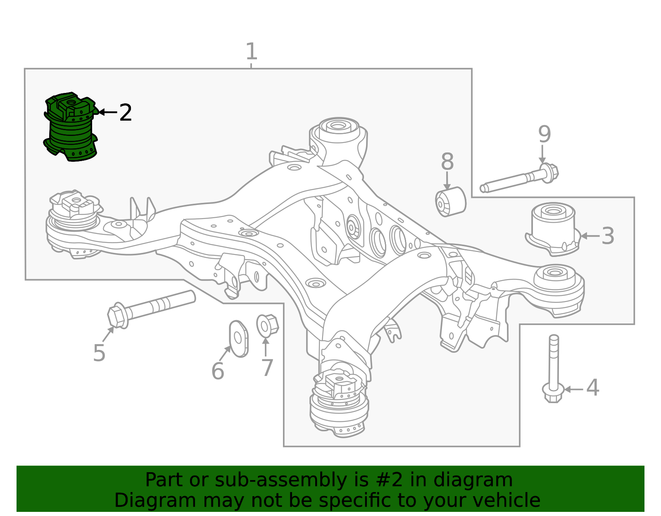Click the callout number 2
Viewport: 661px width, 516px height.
(125, 112)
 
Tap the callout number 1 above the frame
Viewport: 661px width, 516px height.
(252, 51)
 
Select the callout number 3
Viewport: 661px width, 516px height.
(608, 235)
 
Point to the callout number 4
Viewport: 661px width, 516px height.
(592, 388)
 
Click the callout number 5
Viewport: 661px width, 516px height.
(99, 353)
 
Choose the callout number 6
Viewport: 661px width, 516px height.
(218, 371)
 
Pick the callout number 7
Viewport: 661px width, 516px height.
(267, 368)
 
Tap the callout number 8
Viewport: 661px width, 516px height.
(447, 161)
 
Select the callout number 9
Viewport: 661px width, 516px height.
(544, 134)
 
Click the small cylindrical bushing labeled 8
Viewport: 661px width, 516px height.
(450, 202)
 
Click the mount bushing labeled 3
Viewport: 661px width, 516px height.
(553, 228)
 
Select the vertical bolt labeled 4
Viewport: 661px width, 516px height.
(554, 369)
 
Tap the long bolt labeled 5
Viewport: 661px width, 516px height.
(151, 309)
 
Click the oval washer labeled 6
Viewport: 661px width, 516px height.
(238, 339)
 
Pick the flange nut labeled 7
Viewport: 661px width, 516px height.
(267, 326)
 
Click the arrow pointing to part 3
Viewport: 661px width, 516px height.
(590, 235)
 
